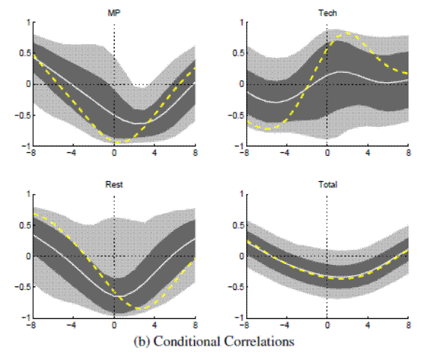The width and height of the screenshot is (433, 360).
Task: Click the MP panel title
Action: coord(114,12)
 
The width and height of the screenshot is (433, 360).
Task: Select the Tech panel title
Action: coord(327,12)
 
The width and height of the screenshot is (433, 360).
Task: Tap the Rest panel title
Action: coord(114,185)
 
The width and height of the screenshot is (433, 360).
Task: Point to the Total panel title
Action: coord(327,185)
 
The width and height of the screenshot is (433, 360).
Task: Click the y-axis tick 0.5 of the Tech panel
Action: coord(236,53)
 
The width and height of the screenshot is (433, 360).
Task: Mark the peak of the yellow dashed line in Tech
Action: coord(347,32)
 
